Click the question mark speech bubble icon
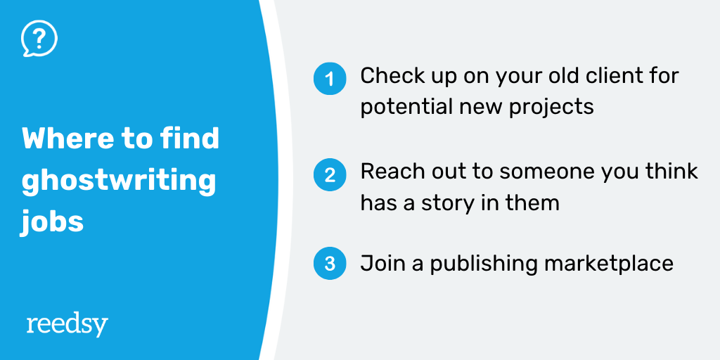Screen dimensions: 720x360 coord(39,39)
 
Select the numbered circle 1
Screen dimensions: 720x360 coord(330,79)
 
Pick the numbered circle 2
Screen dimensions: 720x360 coord(330,174)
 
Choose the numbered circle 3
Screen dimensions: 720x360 coord(330,264)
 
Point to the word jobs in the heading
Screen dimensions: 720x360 coord(52,222)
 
